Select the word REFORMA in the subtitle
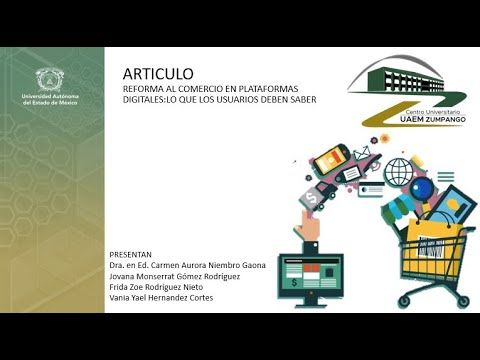click(x=143, y=88)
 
